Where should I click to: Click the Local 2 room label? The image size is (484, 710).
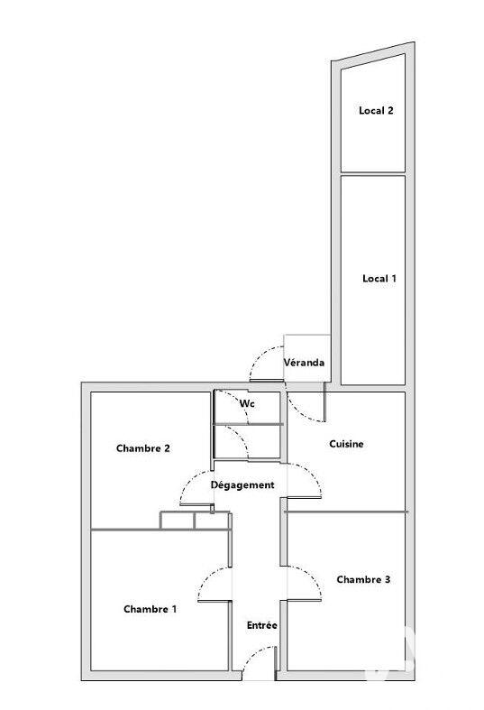376,111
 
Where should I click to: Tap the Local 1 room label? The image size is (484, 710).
379,279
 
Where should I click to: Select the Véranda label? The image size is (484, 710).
305,363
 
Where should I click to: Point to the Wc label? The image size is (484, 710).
247,404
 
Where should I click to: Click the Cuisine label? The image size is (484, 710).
346,444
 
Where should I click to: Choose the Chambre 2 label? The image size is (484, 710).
143,448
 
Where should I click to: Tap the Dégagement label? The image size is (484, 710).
242,485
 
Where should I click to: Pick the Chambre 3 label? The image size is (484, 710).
363,579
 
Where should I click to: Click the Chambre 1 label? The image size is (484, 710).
150,610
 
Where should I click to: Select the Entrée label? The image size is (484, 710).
261,625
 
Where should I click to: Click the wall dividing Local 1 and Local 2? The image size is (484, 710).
372,174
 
